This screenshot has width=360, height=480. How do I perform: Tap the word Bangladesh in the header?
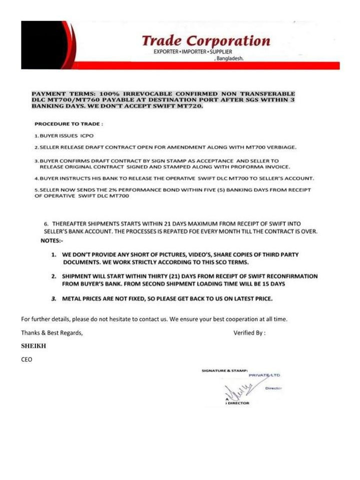coord(229,58)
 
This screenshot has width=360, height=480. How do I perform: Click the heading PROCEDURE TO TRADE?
coord(69,123)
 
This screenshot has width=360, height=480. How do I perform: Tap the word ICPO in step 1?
coord(86,135)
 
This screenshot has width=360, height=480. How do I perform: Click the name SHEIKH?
coord(33,345)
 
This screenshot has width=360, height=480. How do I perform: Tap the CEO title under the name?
coord(26,359)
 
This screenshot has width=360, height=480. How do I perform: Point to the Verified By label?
coord(249,332)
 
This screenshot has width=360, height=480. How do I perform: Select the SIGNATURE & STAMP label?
coord(224,370)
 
